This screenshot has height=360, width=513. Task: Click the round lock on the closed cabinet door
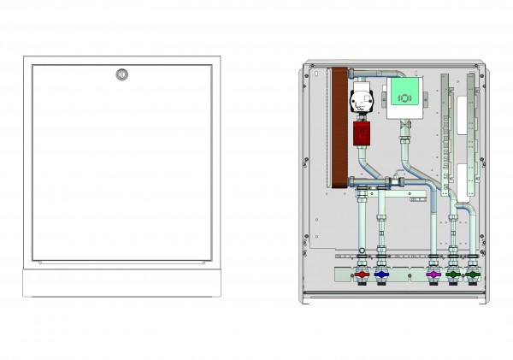pyautogui.click(x=121, y=74)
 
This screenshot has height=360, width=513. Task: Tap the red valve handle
pyautogui.click(x=362, y=275)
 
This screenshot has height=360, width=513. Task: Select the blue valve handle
pyautogui.click(x=380, y=275)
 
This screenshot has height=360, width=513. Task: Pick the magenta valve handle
pyautogui.click(x=433, y=275)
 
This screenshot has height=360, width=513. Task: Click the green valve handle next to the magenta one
pyautogui.click(x=452, y=275)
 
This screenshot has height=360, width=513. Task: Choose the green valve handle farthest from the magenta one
pyautogui.click(x=470, y=275)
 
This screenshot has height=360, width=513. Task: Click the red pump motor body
pyautogui.click(x=360, y=133)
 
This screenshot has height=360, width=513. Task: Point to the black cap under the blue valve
pyautogui.click(x=380, y=289)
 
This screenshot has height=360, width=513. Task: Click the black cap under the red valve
pyautogui.click(x=362, y=289)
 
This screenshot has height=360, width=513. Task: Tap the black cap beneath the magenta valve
pyautogui.click(x=433, y=289)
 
